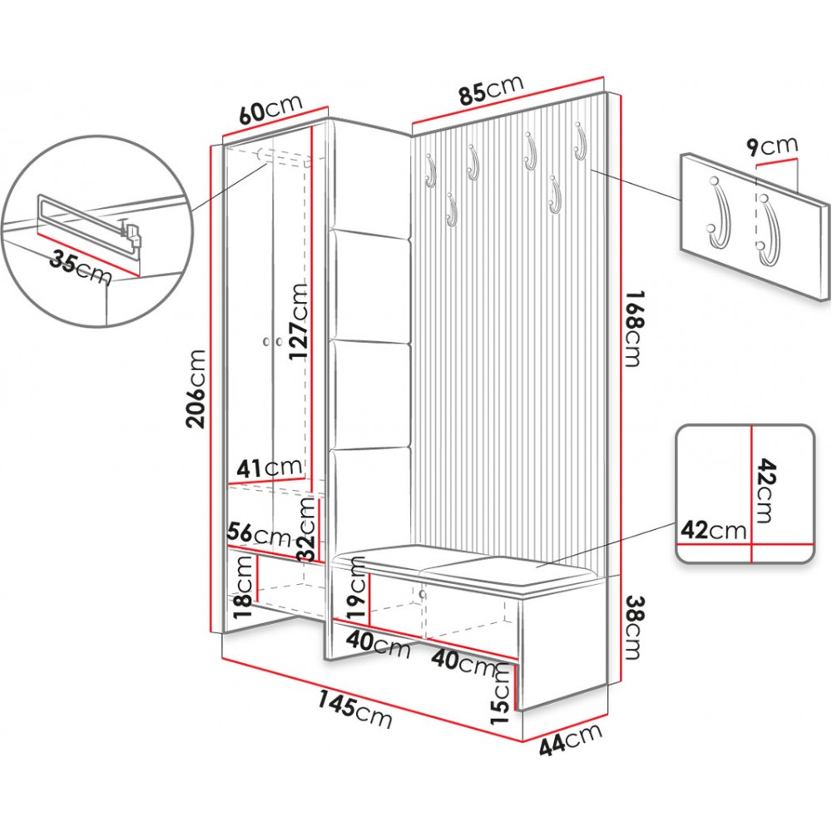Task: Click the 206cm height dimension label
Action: (x=196, y=388)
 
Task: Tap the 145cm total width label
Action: (x=356, y=709)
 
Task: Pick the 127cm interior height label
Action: (x=299, y=321)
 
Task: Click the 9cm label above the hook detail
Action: (x=771, y=147)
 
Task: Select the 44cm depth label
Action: (x=571, y=740)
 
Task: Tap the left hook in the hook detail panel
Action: (x=716, y=214)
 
